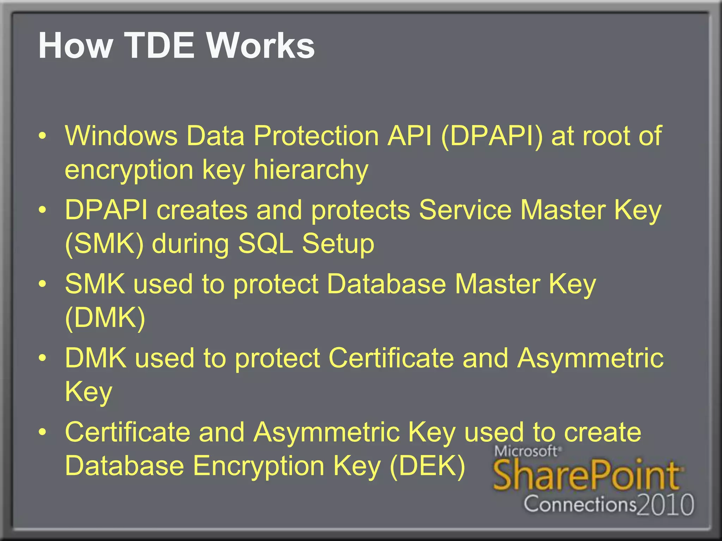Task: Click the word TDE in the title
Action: coord(159,46)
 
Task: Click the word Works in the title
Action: coord(260,46)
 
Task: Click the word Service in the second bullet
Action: coord(465,210)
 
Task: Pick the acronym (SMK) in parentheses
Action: coord(105,244)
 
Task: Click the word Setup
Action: coord(338,244)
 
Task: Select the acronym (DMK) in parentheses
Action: coord(105,318)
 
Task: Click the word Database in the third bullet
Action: coord(386,284)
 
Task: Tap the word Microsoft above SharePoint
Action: coord(525,451)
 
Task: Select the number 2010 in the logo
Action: coord(666,505)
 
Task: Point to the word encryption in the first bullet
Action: coord(129,170)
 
